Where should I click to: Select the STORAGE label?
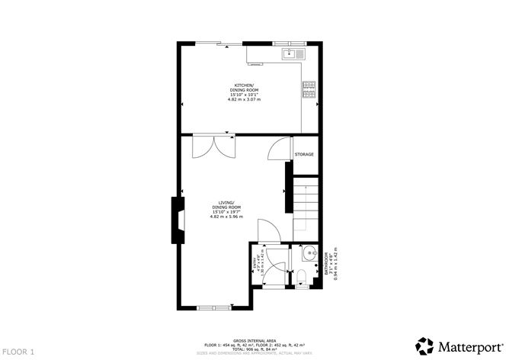[x=305, y=155]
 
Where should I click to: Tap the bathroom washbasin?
[x=309, y=255]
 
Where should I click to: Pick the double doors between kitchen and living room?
[x=214, y=146]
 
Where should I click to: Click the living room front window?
[x=214, y=308]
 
